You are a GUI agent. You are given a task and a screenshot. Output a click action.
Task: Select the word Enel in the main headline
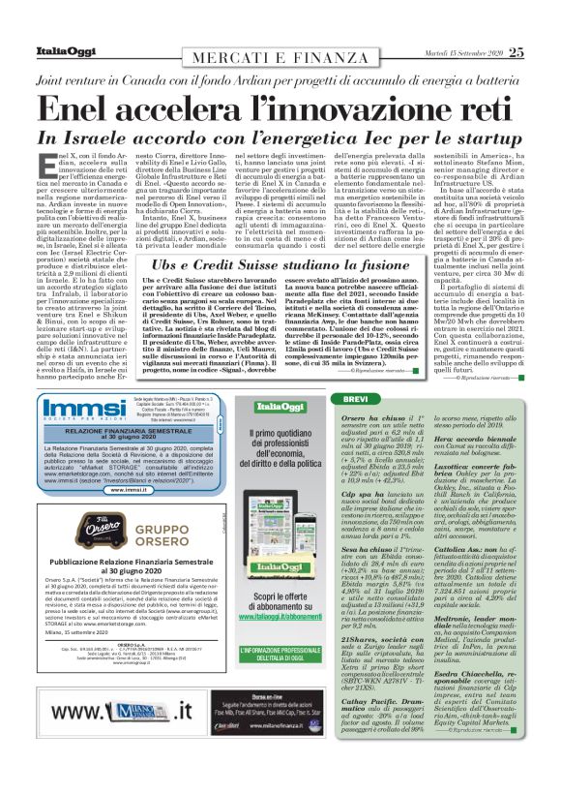(91, 108)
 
